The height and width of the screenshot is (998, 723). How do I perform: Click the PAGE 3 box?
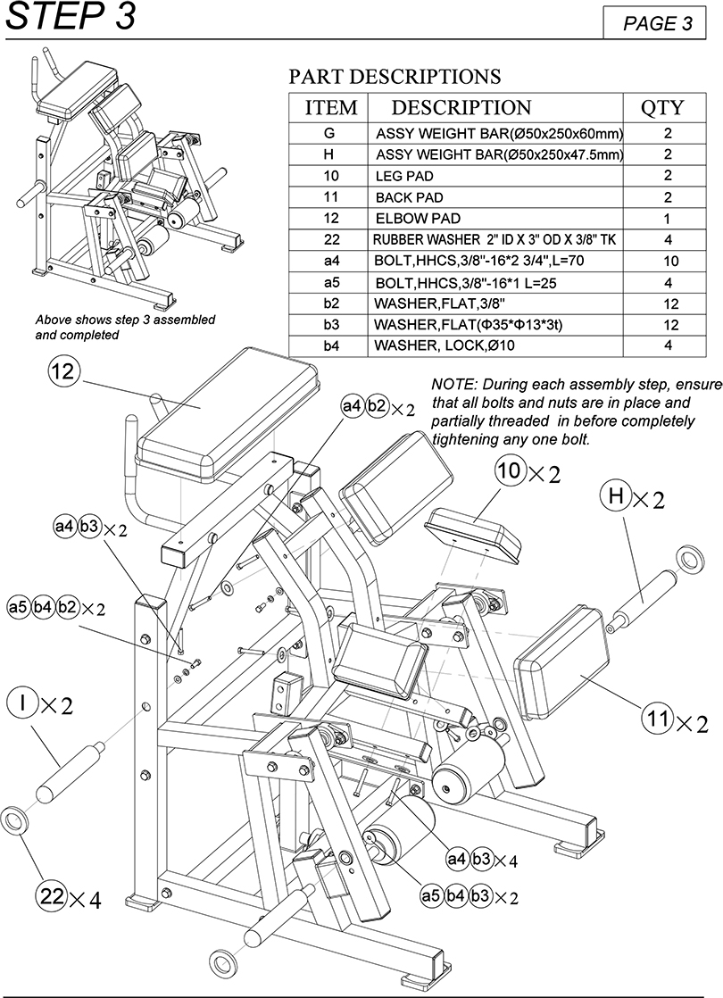coord(654,23)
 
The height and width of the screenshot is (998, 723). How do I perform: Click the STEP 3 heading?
coord(71,17)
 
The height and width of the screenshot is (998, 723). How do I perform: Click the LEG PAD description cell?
coord(494,176)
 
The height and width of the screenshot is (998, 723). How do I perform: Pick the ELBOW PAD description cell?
coord(494,219)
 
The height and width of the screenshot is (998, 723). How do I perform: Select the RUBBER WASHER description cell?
coord(494,240)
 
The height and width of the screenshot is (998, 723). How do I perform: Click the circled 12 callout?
coord(63,371)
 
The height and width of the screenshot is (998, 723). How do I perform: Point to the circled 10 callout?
coord(509,471)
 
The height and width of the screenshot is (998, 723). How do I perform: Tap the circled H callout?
coord(615,495)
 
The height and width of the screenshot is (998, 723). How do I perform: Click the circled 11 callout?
coord(658,719)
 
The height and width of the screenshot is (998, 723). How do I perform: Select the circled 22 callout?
coord(52,896)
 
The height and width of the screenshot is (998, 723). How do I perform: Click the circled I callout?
coord(23,703)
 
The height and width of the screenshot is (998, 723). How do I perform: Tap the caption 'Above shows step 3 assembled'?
coord(125,320)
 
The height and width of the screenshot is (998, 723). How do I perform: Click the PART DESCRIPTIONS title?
coord(395,77)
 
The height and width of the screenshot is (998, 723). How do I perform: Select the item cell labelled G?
coord(328,133)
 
